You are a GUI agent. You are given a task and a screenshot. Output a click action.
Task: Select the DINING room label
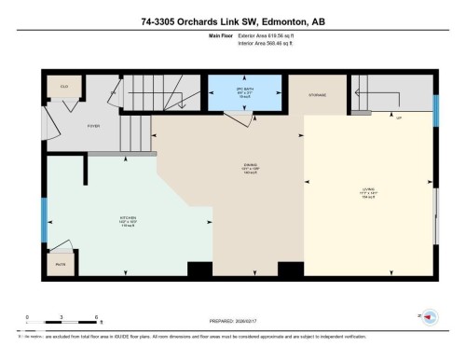[x=238, y=168]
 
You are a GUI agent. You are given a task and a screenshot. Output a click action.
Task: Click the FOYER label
[x=93, y=124]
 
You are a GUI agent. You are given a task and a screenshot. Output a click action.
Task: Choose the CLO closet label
[x=64, y=86]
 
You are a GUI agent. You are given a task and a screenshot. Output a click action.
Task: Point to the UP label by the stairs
[x=399, y=118]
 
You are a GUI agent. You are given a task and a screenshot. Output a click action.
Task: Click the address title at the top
[x=233, y=21]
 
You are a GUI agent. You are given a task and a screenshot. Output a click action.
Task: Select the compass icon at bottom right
[x=430, y=317]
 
